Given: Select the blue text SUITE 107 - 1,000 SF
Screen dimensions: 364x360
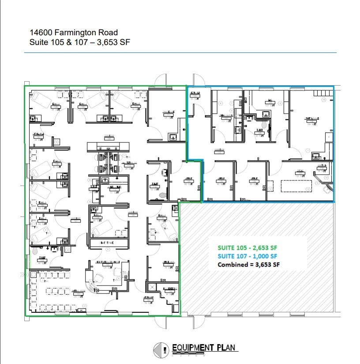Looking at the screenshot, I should coord(247,256).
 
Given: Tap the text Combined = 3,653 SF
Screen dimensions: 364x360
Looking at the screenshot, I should coord(249,265).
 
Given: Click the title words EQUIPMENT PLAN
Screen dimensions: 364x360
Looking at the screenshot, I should coord(205,348).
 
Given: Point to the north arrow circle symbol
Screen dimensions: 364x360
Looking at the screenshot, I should coord(161,350).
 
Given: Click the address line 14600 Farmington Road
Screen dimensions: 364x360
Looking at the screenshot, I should coord(74,32).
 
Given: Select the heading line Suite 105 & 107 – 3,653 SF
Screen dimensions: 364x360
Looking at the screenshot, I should coord(79,42).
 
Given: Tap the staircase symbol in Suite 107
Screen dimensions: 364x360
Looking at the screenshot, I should coord(323,93).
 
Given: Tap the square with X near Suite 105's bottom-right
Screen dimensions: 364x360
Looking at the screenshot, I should coord(153,287).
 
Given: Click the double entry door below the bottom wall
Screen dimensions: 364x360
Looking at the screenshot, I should coord(160,322).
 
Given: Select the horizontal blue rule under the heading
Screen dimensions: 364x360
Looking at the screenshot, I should coord(180,53).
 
